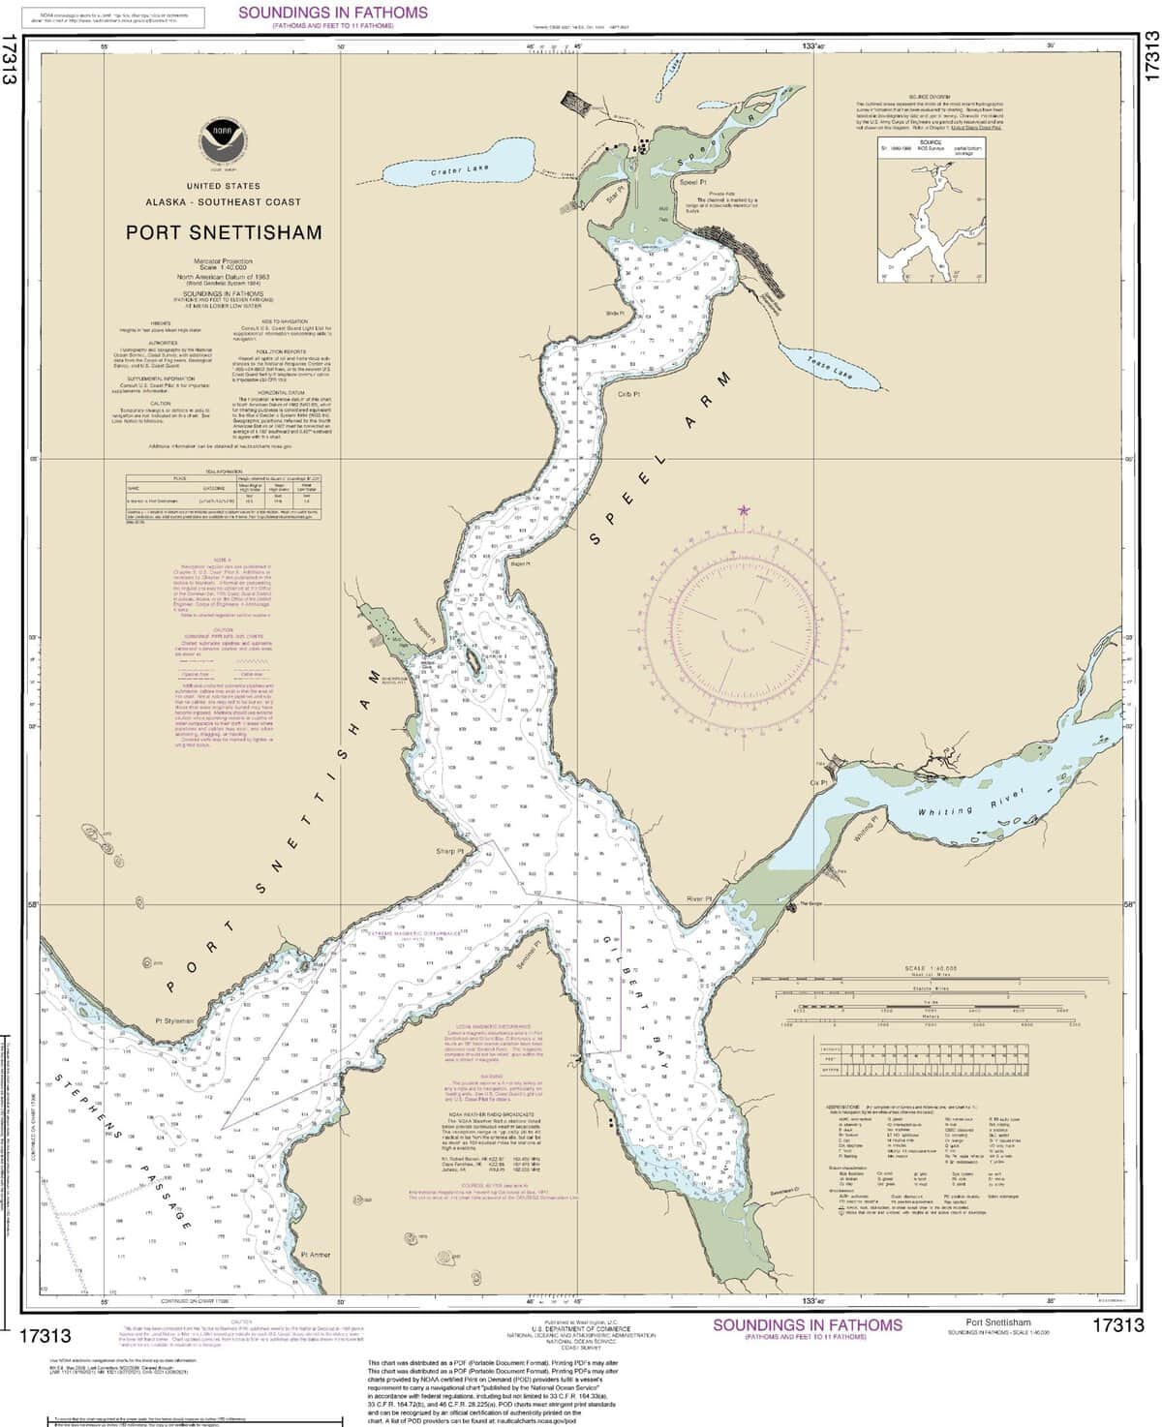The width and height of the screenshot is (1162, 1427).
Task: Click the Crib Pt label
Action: [x=631, y=393]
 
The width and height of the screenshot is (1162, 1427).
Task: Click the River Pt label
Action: [x=698, y=899]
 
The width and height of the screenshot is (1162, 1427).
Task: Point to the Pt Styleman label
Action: [x=175, y=1020]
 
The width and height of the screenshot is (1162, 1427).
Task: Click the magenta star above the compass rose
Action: [x=744, y=509]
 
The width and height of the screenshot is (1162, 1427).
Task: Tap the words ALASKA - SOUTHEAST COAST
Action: [x=223, y=202]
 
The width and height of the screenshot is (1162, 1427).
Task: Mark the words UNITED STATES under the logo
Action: [x=223, y=185]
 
